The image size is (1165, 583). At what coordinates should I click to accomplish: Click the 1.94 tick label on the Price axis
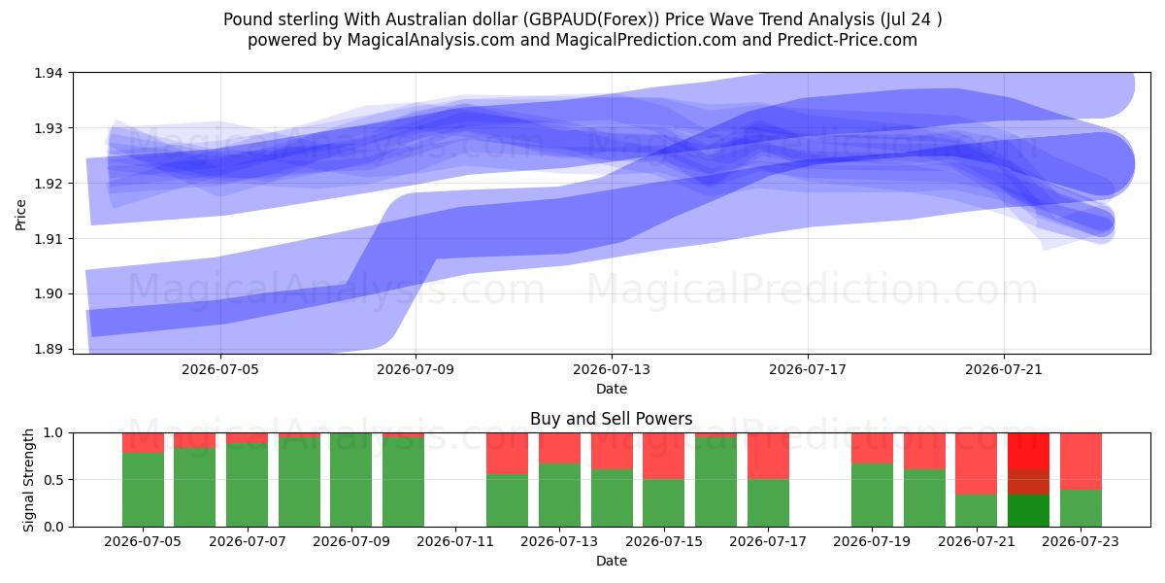[x=49, y=73]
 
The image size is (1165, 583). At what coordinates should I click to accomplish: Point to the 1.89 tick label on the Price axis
[x=49, y=349]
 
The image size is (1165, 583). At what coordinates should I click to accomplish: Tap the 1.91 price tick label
[x=49, y=239]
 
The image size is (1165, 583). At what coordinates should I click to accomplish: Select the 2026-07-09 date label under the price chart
[x=416, y=369]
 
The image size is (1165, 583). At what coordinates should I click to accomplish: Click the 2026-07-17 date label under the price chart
[x=808, y=369]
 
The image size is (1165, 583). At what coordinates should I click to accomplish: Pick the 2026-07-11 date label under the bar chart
[x=455, y=542]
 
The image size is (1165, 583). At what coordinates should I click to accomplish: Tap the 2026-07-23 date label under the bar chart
[x=1081, y=542]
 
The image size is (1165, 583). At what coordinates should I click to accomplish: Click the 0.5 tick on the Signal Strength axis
[x=53, y=480]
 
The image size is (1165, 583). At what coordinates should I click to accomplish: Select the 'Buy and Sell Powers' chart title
[x=611, y=419]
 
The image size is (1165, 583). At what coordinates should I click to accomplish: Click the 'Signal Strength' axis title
[x=28, y=480]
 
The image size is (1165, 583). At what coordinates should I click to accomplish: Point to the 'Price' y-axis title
[x=20, y=215]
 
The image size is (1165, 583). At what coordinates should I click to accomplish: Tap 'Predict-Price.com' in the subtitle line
[x=848, y=40]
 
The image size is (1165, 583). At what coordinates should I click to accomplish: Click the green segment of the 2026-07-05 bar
[x=143, y=490]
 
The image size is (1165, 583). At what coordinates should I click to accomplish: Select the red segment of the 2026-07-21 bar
[x=977, y=463]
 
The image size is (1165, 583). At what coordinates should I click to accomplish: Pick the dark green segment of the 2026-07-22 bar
[x=1028, y=511]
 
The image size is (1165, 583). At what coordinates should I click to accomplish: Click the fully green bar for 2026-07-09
[x=351, y=480]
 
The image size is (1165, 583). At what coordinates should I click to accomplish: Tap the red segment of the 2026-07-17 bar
[x=768, y=456]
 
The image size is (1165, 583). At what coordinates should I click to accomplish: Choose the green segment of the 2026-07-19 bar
[x=872, y=495]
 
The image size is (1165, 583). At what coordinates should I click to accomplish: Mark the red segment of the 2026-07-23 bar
[x=1081, y=462]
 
